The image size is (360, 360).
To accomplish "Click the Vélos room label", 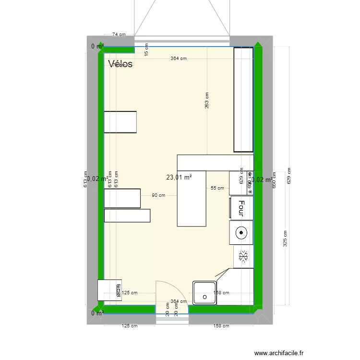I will (120, 64).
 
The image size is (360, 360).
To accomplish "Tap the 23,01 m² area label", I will (179, 177).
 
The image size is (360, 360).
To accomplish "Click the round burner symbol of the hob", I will (241, 234).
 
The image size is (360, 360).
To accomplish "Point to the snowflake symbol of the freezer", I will (243, 257).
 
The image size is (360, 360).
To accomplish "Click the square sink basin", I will (205, 293).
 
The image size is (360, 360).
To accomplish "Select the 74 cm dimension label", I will (119, 35).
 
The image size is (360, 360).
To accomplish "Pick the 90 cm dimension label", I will (158, 195).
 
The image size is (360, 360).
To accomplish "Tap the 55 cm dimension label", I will (217, 188).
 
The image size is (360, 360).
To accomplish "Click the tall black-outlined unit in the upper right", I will (243, 99).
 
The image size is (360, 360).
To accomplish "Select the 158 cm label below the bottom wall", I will (221, 326).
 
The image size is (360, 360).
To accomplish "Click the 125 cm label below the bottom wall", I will (129, 326).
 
